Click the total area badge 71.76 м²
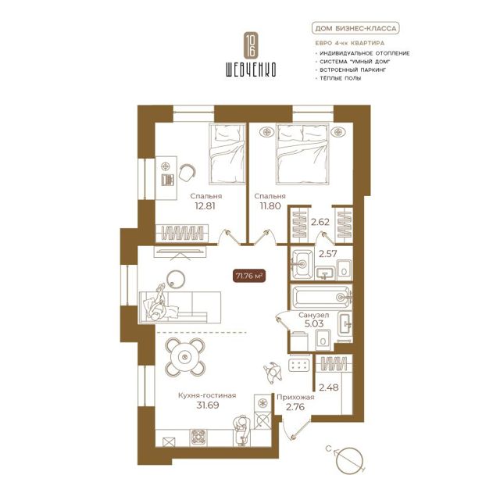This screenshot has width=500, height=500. coord(248,276)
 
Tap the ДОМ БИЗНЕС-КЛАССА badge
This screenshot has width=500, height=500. coord(355,28)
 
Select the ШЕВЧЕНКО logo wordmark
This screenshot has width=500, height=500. coord(251,69)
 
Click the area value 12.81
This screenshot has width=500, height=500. coord(205,206)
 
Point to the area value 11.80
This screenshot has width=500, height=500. coord(270,206)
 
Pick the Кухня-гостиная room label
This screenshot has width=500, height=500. coord(207,395)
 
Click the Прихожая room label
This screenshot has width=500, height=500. coord(295,398)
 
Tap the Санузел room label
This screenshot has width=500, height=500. coord(314,315)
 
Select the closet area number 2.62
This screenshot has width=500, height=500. coord(320,222)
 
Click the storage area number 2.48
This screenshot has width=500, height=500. coord(329,387)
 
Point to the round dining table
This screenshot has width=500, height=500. coord(184,356)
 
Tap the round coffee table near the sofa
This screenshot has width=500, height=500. coord(175,280)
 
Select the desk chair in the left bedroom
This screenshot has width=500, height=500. coord(187,173)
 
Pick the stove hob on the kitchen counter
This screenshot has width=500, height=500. coord(198,437)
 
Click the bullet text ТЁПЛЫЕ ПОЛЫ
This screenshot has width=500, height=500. coord(341,78)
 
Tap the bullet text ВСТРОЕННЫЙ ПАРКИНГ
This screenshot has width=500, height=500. coord(352,70)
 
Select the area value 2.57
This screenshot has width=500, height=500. coord(328,254)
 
